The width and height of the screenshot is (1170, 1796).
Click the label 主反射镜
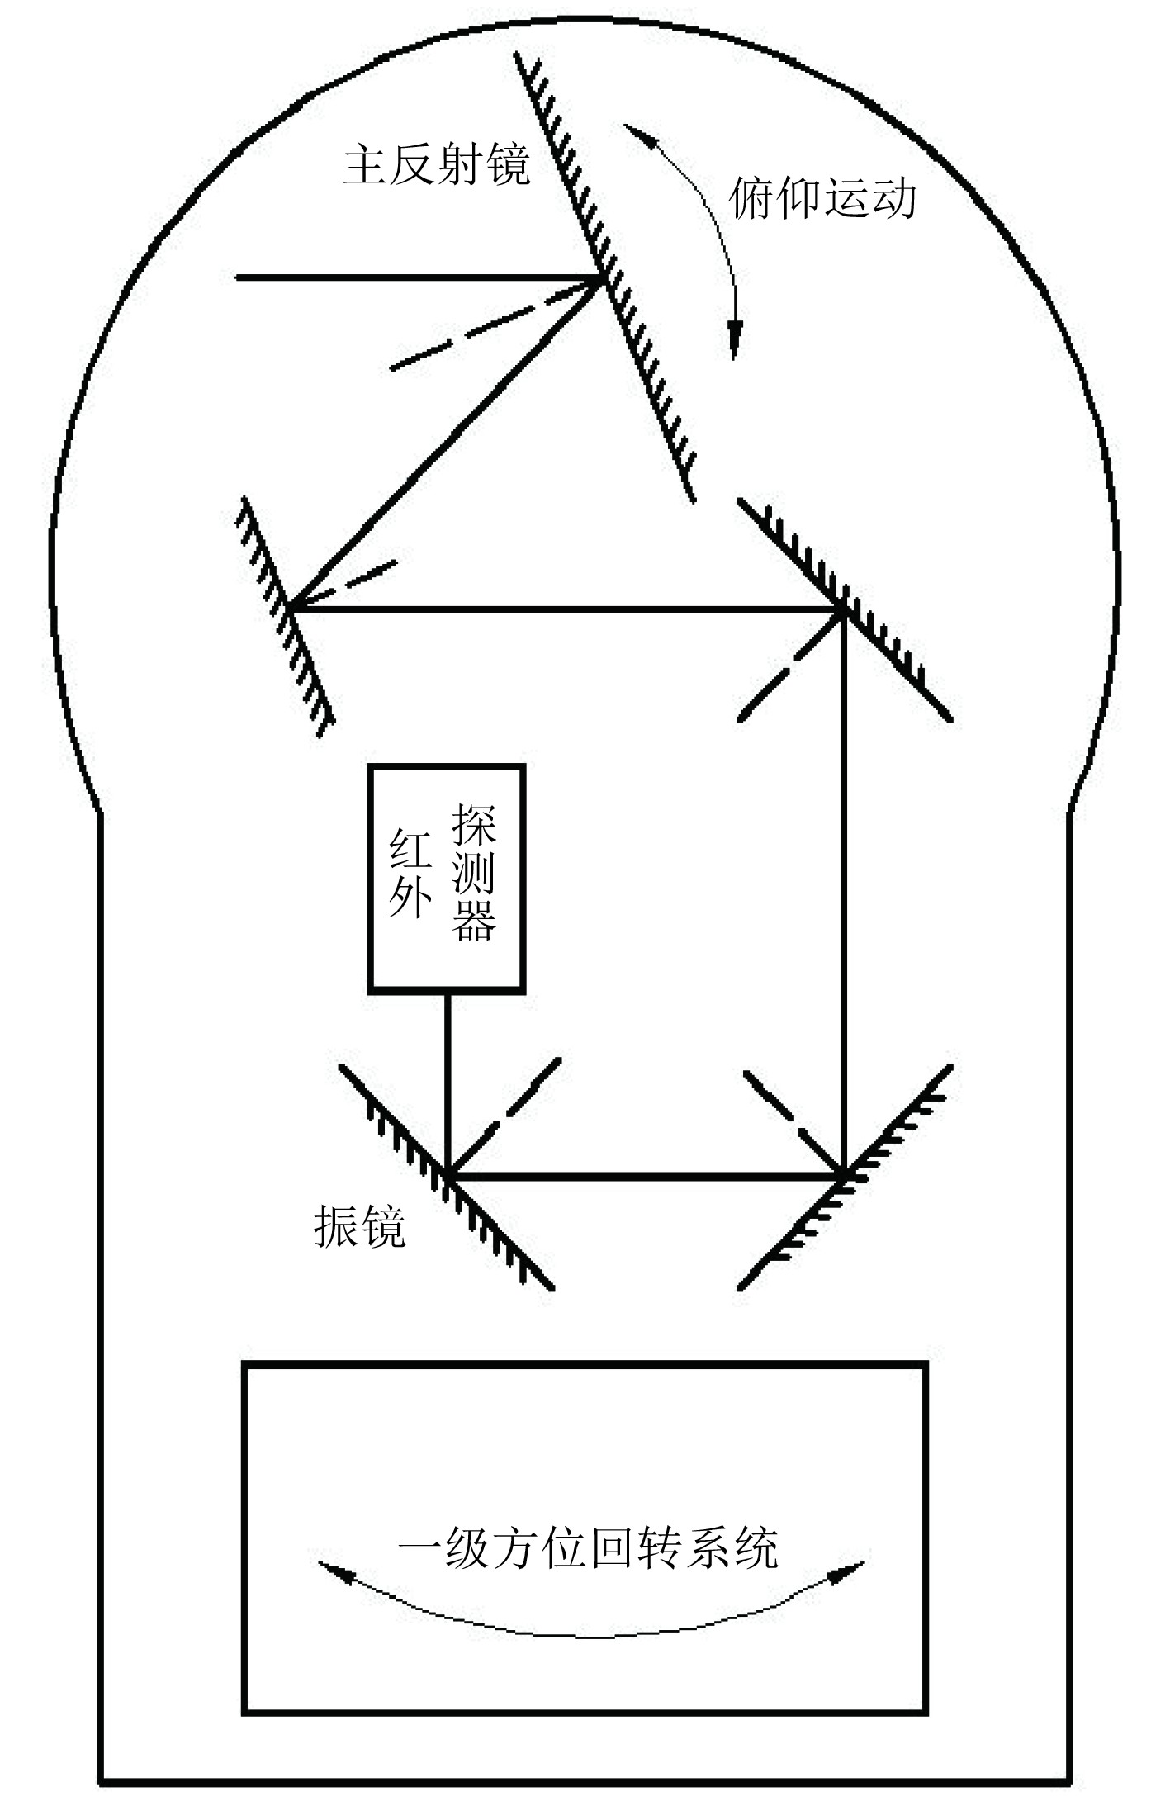[x=436, y=166]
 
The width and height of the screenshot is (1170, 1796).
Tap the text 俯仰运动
[x=822, y=199]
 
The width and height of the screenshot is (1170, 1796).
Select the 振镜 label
[x=360, y=1228]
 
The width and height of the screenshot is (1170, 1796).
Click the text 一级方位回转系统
[x=588, y=1548]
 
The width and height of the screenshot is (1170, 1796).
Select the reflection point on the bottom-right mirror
[x=842, y=1173]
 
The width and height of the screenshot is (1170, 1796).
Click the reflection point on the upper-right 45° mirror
[x=842, y=610]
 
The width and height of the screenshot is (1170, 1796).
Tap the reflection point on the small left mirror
[x=287, y=610]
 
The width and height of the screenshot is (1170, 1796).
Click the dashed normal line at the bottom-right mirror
[x=789, y=1119]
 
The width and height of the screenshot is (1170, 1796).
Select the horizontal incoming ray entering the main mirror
[x=413, y=277]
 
